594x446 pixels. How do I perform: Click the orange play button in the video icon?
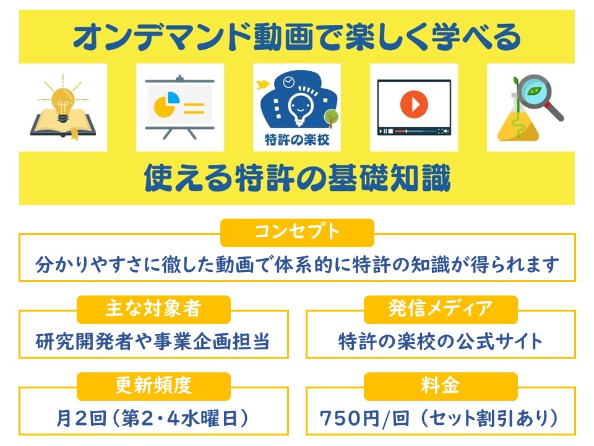point(414,104)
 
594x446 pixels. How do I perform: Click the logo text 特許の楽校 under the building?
point(297,139)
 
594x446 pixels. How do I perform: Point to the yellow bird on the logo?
point(262,85)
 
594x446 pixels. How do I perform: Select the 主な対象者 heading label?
point(153,308)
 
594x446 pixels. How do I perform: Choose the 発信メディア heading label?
point(440,308)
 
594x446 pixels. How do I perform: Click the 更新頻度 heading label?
point(153,386)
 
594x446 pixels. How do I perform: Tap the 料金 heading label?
point(440,386)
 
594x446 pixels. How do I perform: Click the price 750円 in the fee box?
point(350,418)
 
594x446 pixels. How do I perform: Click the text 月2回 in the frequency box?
point(82,418)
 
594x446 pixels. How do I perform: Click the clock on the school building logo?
point(289,81)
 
